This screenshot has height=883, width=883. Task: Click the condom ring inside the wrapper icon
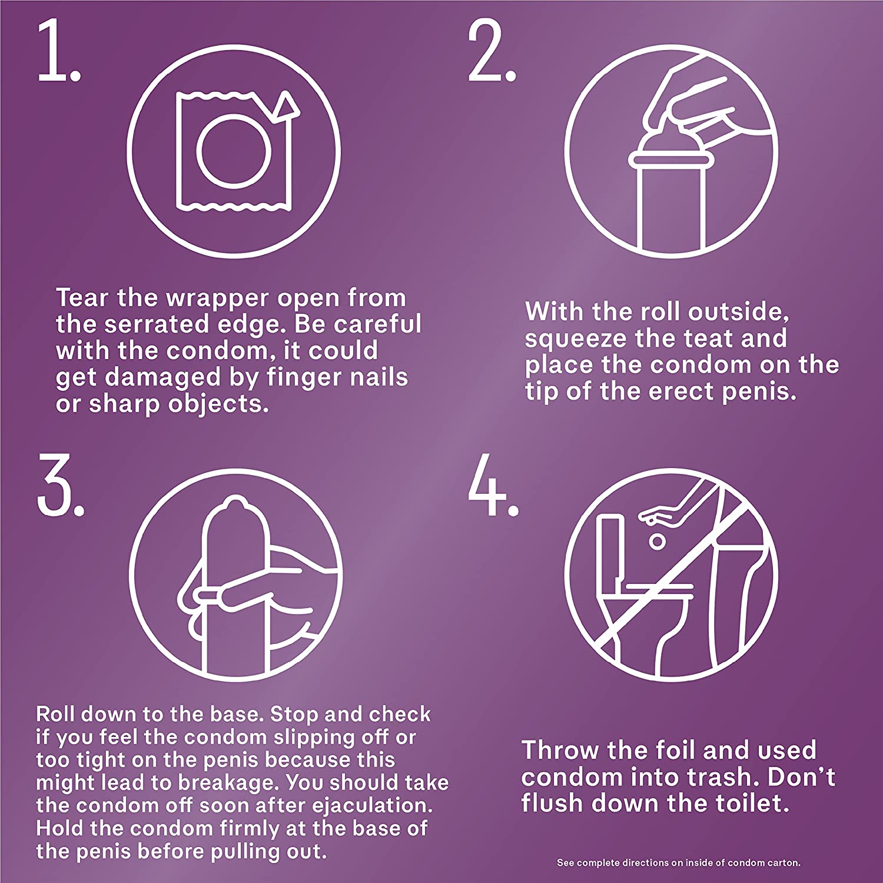pos(234,151)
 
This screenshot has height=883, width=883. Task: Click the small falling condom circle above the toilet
pos(657,541)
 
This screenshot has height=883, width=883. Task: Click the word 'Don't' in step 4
pos(801,777)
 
